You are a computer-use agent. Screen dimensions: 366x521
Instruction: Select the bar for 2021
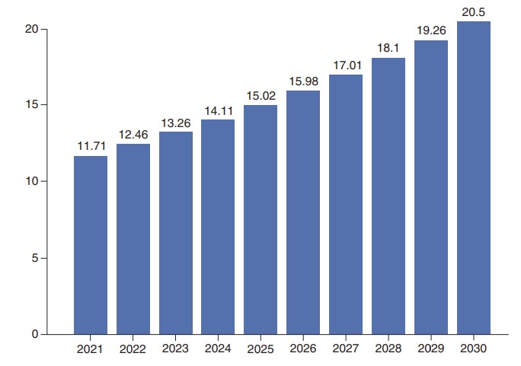tap(91, 245)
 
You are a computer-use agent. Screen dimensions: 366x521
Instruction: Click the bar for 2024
tap(218, 227)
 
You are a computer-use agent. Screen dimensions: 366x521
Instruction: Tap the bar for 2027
tap(346, 204)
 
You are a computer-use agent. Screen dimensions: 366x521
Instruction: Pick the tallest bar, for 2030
tap(474, 177)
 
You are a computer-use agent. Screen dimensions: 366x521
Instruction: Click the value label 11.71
tap(91, 145)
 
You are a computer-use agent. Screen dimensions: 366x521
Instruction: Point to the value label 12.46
tap(133, 135)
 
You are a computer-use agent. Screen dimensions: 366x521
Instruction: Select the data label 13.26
tap(176, 122)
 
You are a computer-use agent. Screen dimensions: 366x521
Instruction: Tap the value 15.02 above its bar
tap(260, 96)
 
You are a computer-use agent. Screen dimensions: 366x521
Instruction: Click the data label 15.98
tap(303, 81)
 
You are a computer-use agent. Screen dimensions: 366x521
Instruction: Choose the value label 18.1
tap(388, 48)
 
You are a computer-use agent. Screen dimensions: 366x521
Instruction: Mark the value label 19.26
tap(431, 31)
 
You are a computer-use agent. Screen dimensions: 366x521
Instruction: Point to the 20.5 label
tap(474, 11)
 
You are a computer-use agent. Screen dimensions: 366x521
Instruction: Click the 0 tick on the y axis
tap(35, 334)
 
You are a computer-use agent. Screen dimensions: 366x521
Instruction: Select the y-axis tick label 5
tap(35, 258)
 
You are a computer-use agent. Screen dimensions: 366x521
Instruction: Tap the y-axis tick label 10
tap(32, 181)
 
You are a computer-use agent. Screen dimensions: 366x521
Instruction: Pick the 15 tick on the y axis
tap(32, 104)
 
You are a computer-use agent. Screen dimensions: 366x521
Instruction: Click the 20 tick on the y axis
tap(32, 29)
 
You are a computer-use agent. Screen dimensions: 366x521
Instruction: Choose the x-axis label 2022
tap(133, 349)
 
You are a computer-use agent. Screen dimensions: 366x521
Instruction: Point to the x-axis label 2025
tap(260, 349)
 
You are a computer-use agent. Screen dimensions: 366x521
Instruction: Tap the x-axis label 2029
tap(431, 349)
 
